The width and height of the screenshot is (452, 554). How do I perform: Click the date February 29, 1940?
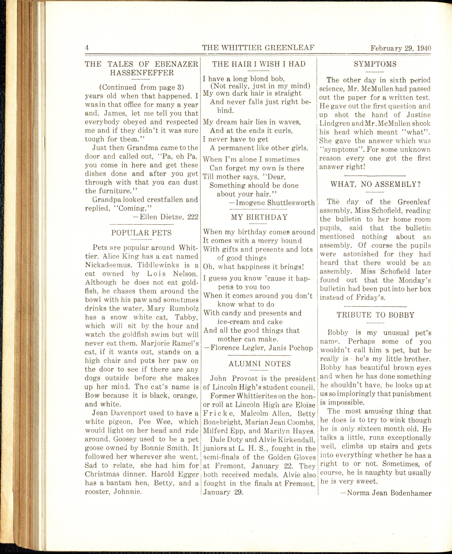pyautogui.click(x=401, y=48)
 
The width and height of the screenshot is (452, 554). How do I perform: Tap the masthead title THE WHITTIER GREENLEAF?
pyautogui.click(x=259, y=48)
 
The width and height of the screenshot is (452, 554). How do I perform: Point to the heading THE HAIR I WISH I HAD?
pyautogui.click(x=259, y=64)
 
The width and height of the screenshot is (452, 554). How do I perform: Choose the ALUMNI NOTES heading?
pyautogui.click(x=260, y=364)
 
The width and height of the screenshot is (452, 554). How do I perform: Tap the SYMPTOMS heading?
pyautogui.click(x=375, y=64)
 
